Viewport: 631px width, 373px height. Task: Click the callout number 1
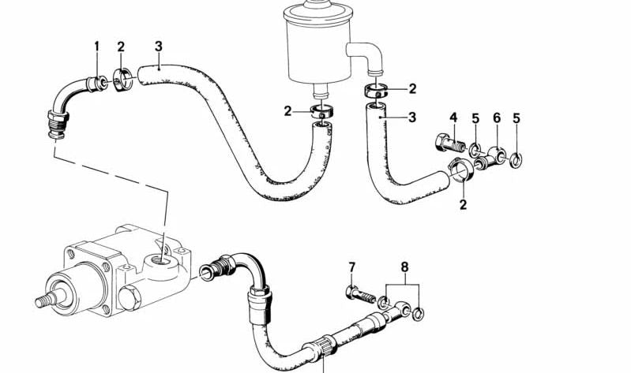tap(96, 47)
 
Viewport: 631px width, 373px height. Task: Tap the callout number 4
tap(453, 117)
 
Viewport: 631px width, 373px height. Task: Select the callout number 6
tap(497, 117)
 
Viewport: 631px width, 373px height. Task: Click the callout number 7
tap(351, 267)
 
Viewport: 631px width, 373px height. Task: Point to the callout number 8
tap(404, 267)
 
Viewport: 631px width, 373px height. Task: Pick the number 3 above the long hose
tap(159, 47)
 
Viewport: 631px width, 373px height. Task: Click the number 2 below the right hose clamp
tap(464, 204)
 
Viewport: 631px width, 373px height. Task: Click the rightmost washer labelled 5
tap(516, 160)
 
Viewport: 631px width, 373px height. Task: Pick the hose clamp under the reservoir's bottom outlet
tap(322, 112)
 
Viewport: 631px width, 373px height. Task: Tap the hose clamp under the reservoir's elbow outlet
tap(377, 91)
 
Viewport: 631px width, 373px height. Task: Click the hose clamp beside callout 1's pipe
tap(122, 80)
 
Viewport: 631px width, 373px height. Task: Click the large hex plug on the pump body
tap(130, 298)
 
